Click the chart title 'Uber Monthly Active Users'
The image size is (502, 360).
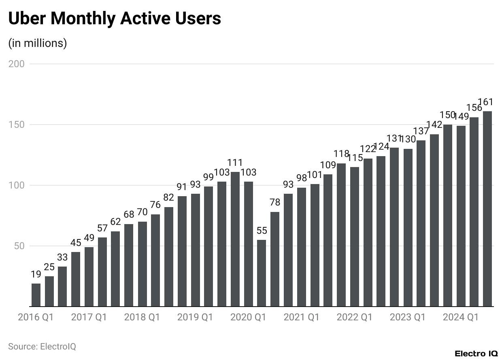(x=115, y=19)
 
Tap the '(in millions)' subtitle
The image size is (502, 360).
(x=38, y=43)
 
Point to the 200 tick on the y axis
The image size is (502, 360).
(x=17, y=64)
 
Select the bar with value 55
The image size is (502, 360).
(x=262, y=273)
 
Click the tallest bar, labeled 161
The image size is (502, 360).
(x=487, y=209)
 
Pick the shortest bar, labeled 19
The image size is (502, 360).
(x=36, y=295)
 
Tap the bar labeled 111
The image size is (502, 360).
(x=235, y=239)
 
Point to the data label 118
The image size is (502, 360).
(x=341, y=154)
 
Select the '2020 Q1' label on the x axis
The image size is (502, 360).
(x=248, y=317)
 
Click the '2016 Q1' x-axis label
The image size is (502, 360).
(x=36, y=317)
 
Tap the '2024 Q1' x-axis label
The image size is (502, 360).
(x=461, y=317)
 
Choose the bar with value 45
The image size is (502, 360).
(x=76, y=279)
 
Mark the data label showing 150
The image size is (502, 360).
(x=448, y=115)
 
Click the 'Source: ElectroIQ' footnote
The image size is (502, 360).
(x=42, y=346)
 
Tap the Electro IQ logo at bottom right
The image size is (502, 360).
(x=476, y=354)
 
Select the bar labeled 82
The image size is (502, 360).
(x=169, y=257)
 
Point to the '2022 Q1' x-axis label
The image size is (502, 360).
(x=354, y=317)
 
